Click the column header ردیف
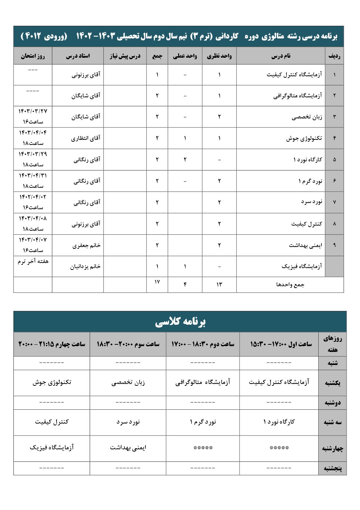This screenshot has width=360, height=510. [x=334, y=56]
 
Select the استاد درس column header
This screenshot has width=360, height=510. [x=78, y=56]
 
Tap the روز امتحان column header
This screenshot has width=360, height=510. [x=33, y=56]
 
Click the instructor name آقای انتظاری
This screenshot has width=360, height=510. [x=86, y=138]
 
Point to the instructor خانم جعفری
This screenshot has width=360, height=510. [x=86, y=245]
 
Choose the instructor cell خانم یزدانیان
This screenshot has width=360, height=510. [x=85, y=267]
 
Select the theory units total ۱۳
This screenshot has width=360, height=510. [x=219, y=284]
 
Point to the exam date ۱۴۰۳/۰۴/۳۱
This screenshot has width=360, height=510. [x=33, y=175]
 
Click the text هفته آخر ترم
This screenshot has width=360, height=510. [x=33, y=261]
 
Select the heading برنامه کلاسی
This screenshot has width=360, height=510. [x=180, y=322]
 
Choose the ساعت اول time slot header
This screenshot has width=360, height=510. [x=281, y=344]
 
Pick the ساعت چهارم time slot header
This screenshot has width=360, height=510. [x=52, y=344]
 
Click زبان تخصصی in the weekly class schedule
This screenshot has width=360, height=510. [x=128, y=382]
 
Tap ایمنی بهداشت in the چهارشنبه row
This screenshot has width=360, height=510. [x=128, y=448]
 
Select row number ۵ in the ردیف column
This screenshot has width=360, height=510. [x=334, y=159]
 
